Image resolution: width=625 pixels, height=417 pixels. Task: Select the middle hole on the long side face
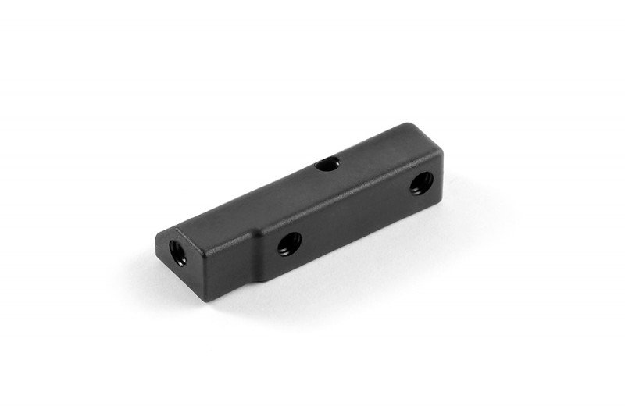click(288, 244)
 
